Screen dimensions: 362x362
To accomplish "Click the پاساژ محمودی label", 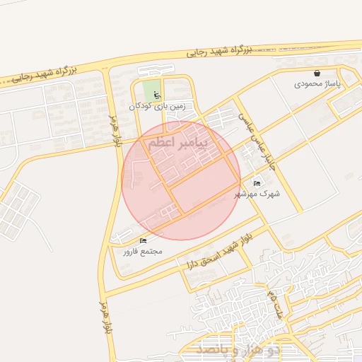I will (317, 84).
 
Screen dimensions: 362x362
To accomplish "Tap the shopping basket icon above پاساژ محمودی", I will (317, 73).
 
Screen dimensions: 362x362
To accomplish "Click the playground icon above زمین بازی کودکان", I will (157, 95).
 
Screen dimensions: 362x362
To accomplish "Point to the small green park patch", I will (151, 91).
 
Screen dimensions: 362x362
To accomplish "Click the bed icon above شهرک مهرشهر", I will (257, 182).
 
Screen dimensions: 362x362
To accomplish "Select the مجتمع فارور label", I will (143, 251).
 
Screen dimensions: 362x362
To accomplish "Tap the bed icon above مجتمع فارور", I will (143, 240).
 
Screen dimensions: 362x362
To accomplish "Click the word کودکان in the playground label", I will (140, 107).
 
